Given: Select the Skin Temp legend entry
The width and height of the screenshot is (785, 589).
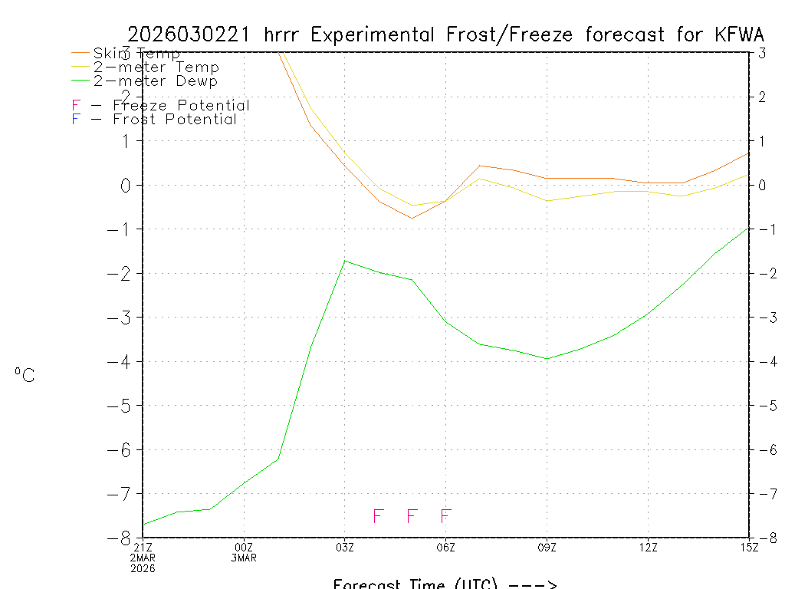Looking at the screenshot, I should [x=136, y=53].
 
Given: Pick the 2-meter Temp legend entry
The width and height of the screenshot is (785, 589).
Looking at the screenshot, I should [x=156, y=67].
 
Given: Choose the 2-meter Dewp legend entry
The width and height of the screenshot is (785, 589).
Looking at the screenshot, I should [x=155, y=81].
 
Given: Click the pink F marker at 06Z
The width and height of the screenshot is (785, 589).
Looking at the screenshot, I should [x=445, y=516].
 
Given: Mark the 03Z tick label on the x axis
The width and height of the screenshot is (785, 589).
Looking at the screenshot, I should [x=345, y=547].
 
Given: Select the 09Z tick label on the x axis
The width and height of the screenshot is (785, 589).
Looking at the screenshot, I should [x=547, y=547].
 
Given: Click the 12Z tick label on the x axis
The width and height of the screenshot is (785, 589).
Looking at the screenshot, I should [x=648, y=547].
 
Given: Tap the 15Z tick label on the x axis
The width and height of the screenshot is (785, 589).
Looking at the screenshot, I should [x=748, y=547].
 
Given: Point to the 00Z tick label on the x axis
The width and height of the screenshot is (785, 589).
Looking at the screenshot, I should [x=244, y=547].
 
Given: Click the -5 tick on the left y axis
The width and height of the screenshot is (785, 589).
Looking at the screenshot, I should [x=122, y=406].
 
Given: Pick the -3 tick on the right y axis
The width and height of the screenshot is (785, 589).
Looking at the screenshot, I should [x=764, y=318].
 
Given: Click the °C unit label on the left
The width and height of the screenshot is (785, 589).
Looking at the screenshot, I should [x=25, y=375].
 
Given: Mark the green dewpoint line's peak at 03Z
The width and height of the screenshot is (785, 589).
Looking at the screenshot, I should [x=345, y=261].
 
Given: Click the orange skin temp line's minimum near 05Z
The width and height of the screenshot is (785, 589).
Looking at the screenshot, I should [x=412, y=219].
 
